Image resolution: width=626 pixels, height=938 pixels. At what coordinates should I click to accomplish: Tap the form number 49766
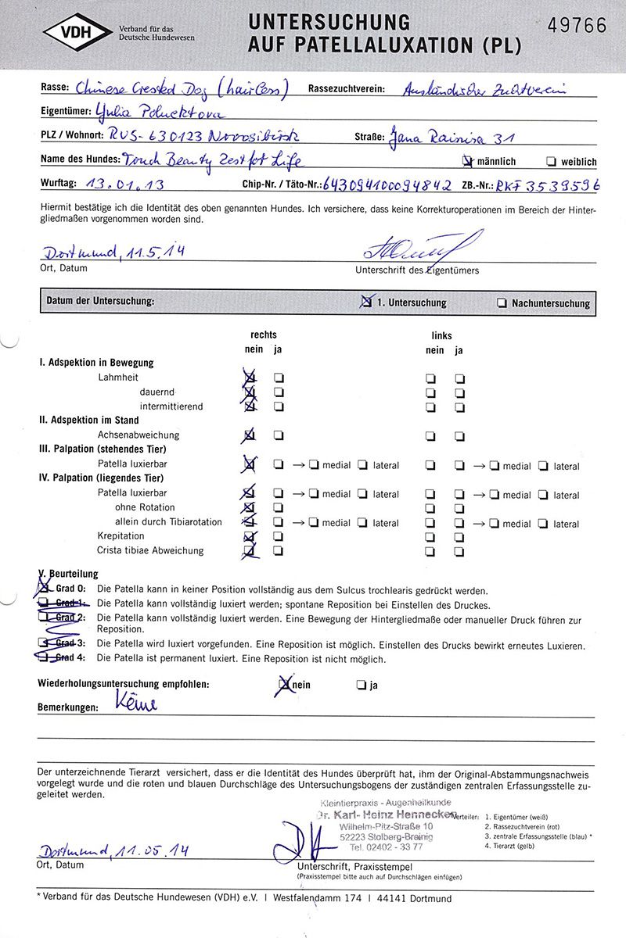pyautogui.click(x=577, y=25)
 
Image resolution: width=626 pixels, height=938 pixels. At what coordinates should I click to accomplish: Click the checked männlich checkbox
pyautogui.click(x=468, y=162)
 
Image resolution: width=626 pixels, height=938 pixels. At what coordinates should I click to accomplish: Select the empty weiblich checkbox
pyautogui.click(x=552, y=162)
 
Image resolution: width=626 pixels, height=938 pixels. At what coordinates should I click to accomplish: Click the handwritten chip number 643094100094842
pyautogui.click(x=387, y=185)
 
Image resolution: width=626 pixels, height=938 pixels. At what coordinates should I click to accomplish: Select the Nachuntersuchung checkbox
pyautogui.click(x=501, y=303)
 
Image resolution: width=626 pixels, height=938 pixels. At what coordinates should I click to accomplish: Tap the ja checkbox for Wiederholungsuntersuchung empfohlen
pyautogui.click(x=361, y=685)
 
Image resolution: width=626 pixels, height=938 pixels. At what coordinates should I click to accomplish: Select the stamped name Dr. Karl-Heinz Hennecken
pyautogui.click(x=386, y=814)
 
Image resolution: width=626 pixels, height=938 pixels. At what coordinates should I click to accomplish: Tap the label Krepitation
pyautogui.click(x=121, y=536)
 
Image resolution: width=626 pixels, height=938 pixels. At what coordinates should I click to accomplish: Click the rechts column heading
pyautogui.click(x=264, y=335)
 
